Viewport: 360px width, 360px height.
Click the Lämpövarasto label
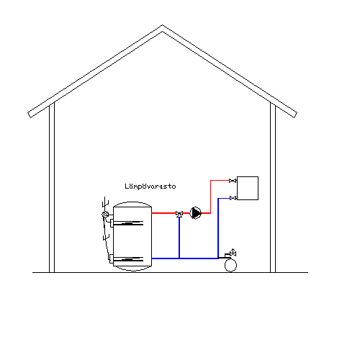pyautogui.click(x=150, y=186)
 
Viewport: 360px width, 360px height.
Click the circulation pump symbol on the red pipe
pyautogui.click(x=196, y=213)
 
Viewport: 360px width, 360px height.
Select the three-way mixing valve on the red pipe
pyautogui.click(x=179, y=214)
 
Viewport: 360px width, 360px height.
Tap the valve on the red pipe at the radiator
pyautogui.click(x=233, y=181)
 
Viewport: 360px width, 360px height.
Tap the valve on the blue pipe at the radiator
pyautogui.click(x=233, y=198)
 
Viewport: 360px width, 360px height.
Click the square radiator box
pyautogui.click(x=248, y=188)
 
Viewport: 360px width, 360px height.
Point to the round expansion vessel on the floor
pyautogui.click(x=230, y=266)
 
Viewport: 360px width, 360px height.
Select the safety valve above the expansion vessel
pyautogui.click(x=233, y=253)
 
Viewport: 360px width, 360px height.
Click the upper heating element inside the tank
pyautogui.click(x=128, y=223)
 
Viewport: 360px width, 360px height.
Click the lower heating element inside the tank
pyautogui.click(x=127, y=259)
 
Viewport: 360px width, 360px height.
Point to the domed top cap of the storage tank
pyautogui.click(x=132, y=204)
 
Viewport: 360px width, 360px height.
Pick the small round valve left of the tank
pyautogui.click(x=105, y=215)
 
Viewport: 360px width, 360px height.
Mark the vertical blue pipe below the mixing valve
pyautogui.click(x=179, y=238)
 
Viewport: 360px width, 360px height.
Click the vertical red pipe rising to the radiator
pyautogui.click(x=211, y=197)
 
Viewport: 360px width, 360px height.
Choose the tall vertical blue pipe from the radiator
pyautogui.click(x=218, y=228)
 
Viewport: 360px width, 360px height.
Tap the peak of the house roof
pyautogui.click(x=162, y=25)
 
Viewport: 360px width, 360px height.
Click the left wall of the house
pyautogui.click(x=52, y=188)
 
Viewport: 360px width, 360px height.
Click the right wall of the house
pyautogui.click(x=273, y=188)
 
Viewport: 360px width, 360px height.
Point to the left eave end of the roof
pyautogui.click(x=30, y=115)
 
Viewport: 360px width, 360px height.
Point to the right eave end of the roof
pyautogui.click(x=295, y=115)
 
